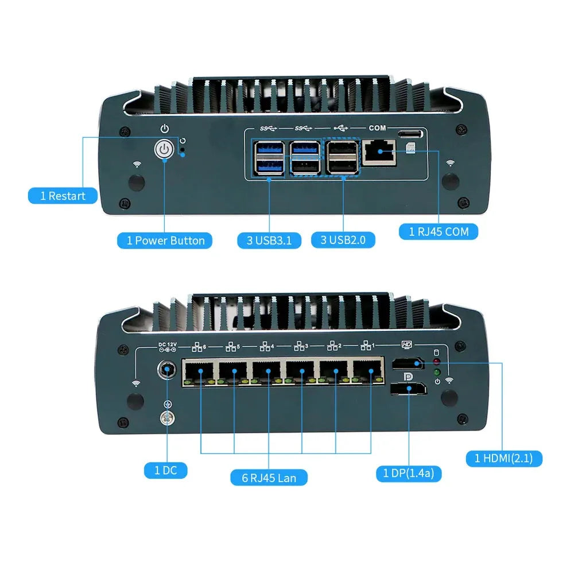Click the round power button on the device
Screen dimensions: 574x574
pyautogui.click(x=164, y=150)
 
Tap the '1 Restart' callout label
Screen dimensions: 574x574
pyautogui.click(x=63, y=196)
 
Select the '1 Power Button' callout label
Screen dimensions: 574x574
pyautogui.click(x=165, y=241)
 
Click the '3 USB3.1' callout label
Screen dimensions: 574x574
pyautogui.click(x=269, y=241)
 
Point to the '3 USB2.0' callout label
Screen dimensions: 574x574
pyautogui.click(x=343, y=240)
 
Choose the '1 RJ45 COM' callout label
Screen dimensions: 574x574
pyautogui.click(x=439, y=232)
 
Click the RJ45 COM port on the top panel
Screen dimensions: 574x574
pyautogui.click(x=379, y=153)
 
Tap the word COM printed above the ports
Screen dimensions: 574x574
pyautogui.click(x=378, y=128)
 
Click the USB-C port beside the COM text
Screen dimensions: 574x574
pyautogui.click(x=410, y=134)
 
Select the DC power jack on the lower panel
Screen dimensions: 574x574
pyautogui.click(x=166, y=370)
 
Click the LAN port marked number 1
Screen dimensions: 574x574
pyautogui.click(x=369, y=371)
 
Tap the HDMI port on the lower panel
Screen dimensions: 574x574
pyautogui.click(x=408, y=364)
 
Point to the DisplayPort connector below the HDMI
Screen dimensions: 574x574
pyautogui.click(x=408, y=389)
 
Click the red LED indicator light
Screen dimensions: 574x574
pyautogui.click(x=436, y=362)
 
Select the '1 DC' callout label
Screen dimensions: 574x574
pyautogui.click(x=165, y=471)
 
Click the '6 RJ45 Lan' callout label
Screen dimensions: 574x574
pyautogui.click(x=269, y=478)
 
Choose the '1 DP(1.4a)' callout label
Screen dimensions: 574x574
pyautogui.click(x=409, y=474)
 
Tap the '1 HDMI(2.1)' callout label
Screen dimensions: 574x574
pyautogui.click(x=504, y=458)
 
